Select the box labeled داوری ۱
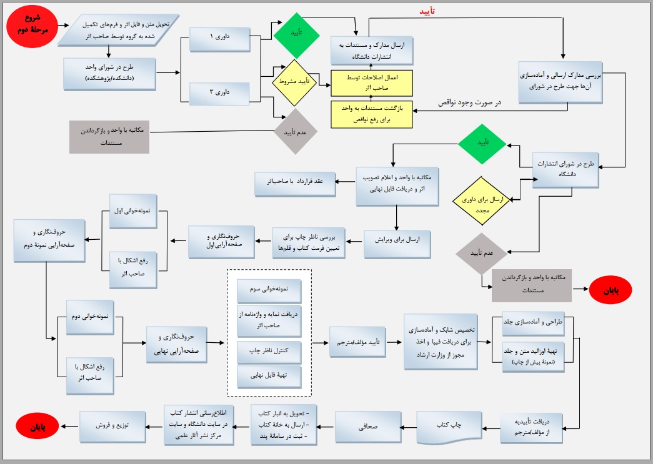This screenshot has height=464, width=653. coord(220,39)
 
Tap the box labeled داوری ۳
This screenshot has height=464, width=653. coord(220,92)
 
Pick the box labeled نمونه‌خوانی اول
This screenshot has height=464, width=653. coord(133,211)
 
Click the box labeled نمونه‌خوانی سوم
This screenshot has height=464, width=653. coord(269,290)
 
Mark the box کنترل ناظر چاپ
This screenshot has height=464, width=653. coord(269,353)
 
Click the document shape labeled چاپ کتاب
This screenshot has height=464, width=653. coord(449,426)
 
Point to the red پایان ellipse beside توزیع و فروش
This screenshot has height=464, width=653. coord(38,427)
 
